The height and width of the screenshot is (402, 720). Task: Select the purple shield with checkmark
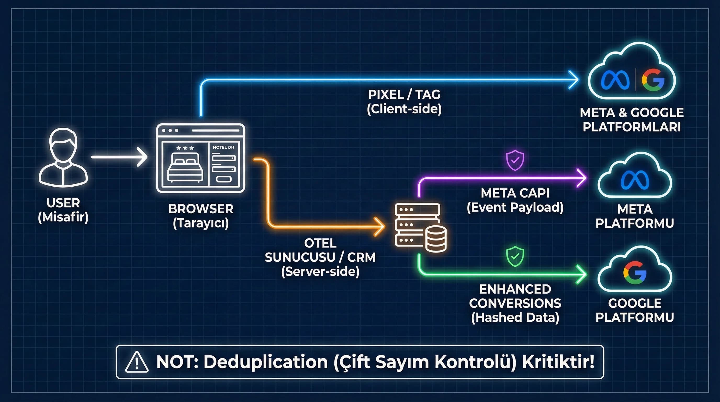(515, 160)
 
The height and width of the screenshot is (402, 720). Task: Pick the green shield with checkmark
(515, 256)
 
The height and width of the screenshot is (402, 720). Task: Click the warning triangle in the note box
(137, 362)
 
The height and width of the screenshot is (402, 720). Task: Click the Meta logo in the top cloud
(615, 80)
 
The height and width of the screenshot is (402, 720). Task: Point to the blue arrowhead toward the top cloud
(574, 80)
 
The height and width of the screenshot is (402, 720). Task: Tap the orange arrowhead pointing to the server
(380, 226)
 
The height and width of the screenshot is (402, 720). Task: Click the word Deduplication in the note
(266, 362)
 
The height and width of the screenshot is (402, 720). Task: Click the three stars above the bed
(185, 148)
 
